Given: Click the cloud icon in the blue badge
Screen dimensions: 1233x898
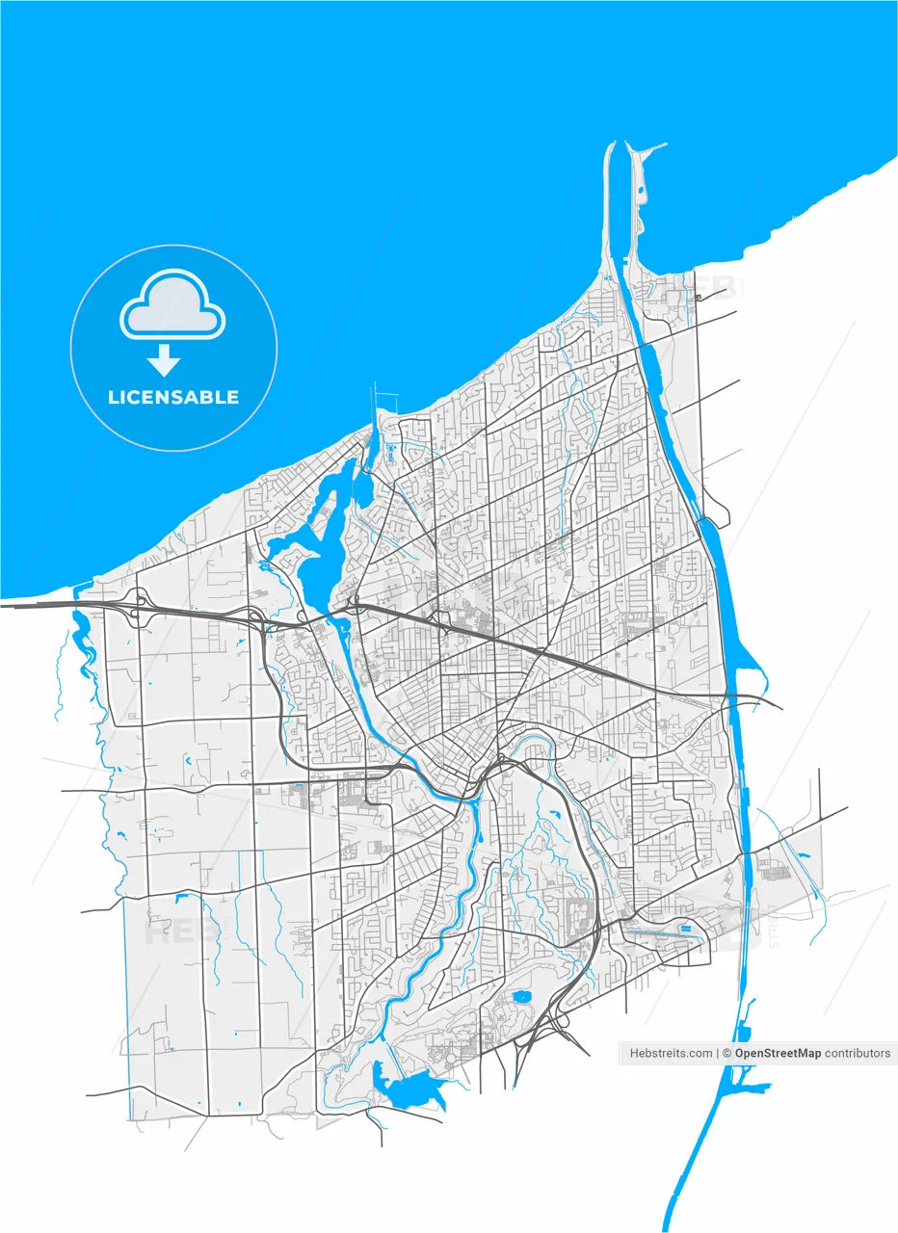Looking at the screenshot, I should click(172, 304).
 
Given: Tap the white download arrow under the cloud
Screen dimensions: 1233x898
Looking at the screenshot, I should click(164, 359).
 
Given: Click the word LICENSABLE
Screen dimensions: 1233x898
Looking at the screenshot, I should click(173, 397).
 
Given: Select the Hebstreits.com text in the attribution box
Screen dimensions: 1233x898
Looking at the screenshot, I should click(672, 1053).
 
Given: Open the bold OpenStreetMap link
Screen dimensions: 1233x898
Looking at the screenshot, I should click(778, 1053).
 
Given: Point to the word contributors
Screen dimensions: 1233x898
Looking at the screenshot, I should click(858, 1053).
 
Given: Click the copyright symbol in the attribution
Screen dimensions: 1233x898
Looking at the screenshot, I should click(727, 1053).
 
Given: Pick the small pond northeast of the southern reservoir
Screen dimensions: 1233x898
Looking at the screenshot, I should click(521, 996).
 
